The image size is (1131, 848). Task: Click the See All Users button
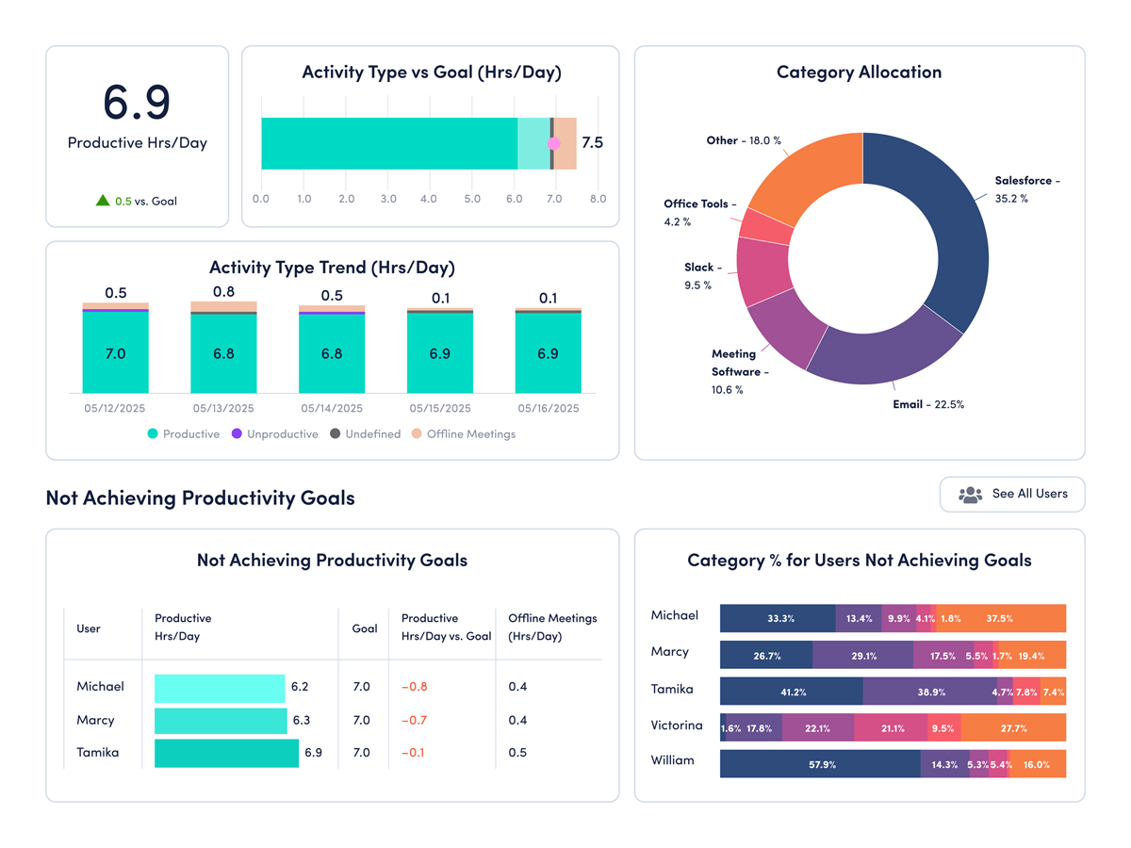[1012, 494]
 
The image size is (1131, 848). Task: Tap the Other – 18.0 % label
[744, 140]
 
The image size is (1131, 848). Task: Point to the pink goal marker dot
[554, 143]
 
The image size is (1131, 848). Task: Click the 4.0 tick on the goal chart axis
[430, 199]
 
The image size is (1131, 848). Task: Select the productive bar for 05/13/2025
[223, 353]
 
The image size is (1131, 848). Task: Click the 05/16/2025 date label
[548, 409]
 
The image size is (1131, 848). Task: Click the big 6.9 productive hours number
[137, 102]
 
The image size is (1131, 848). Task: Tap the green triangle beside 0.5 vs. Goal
[103, 201]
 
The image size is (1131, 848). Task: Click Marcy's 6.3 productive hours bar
[221, 720]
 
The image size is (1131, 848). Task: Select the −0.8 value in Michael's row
[414, 687]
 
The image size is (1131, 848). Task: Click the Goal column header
[365, 628]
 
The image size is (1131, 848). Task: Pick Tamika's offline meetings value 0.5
[517, 753]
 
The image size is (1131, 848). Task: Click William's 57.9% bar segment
[820, 764]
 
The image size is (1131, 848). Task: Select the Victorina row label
[677, 726]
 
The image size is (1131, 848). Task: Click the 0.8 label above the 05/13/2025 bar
[223, 291]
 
